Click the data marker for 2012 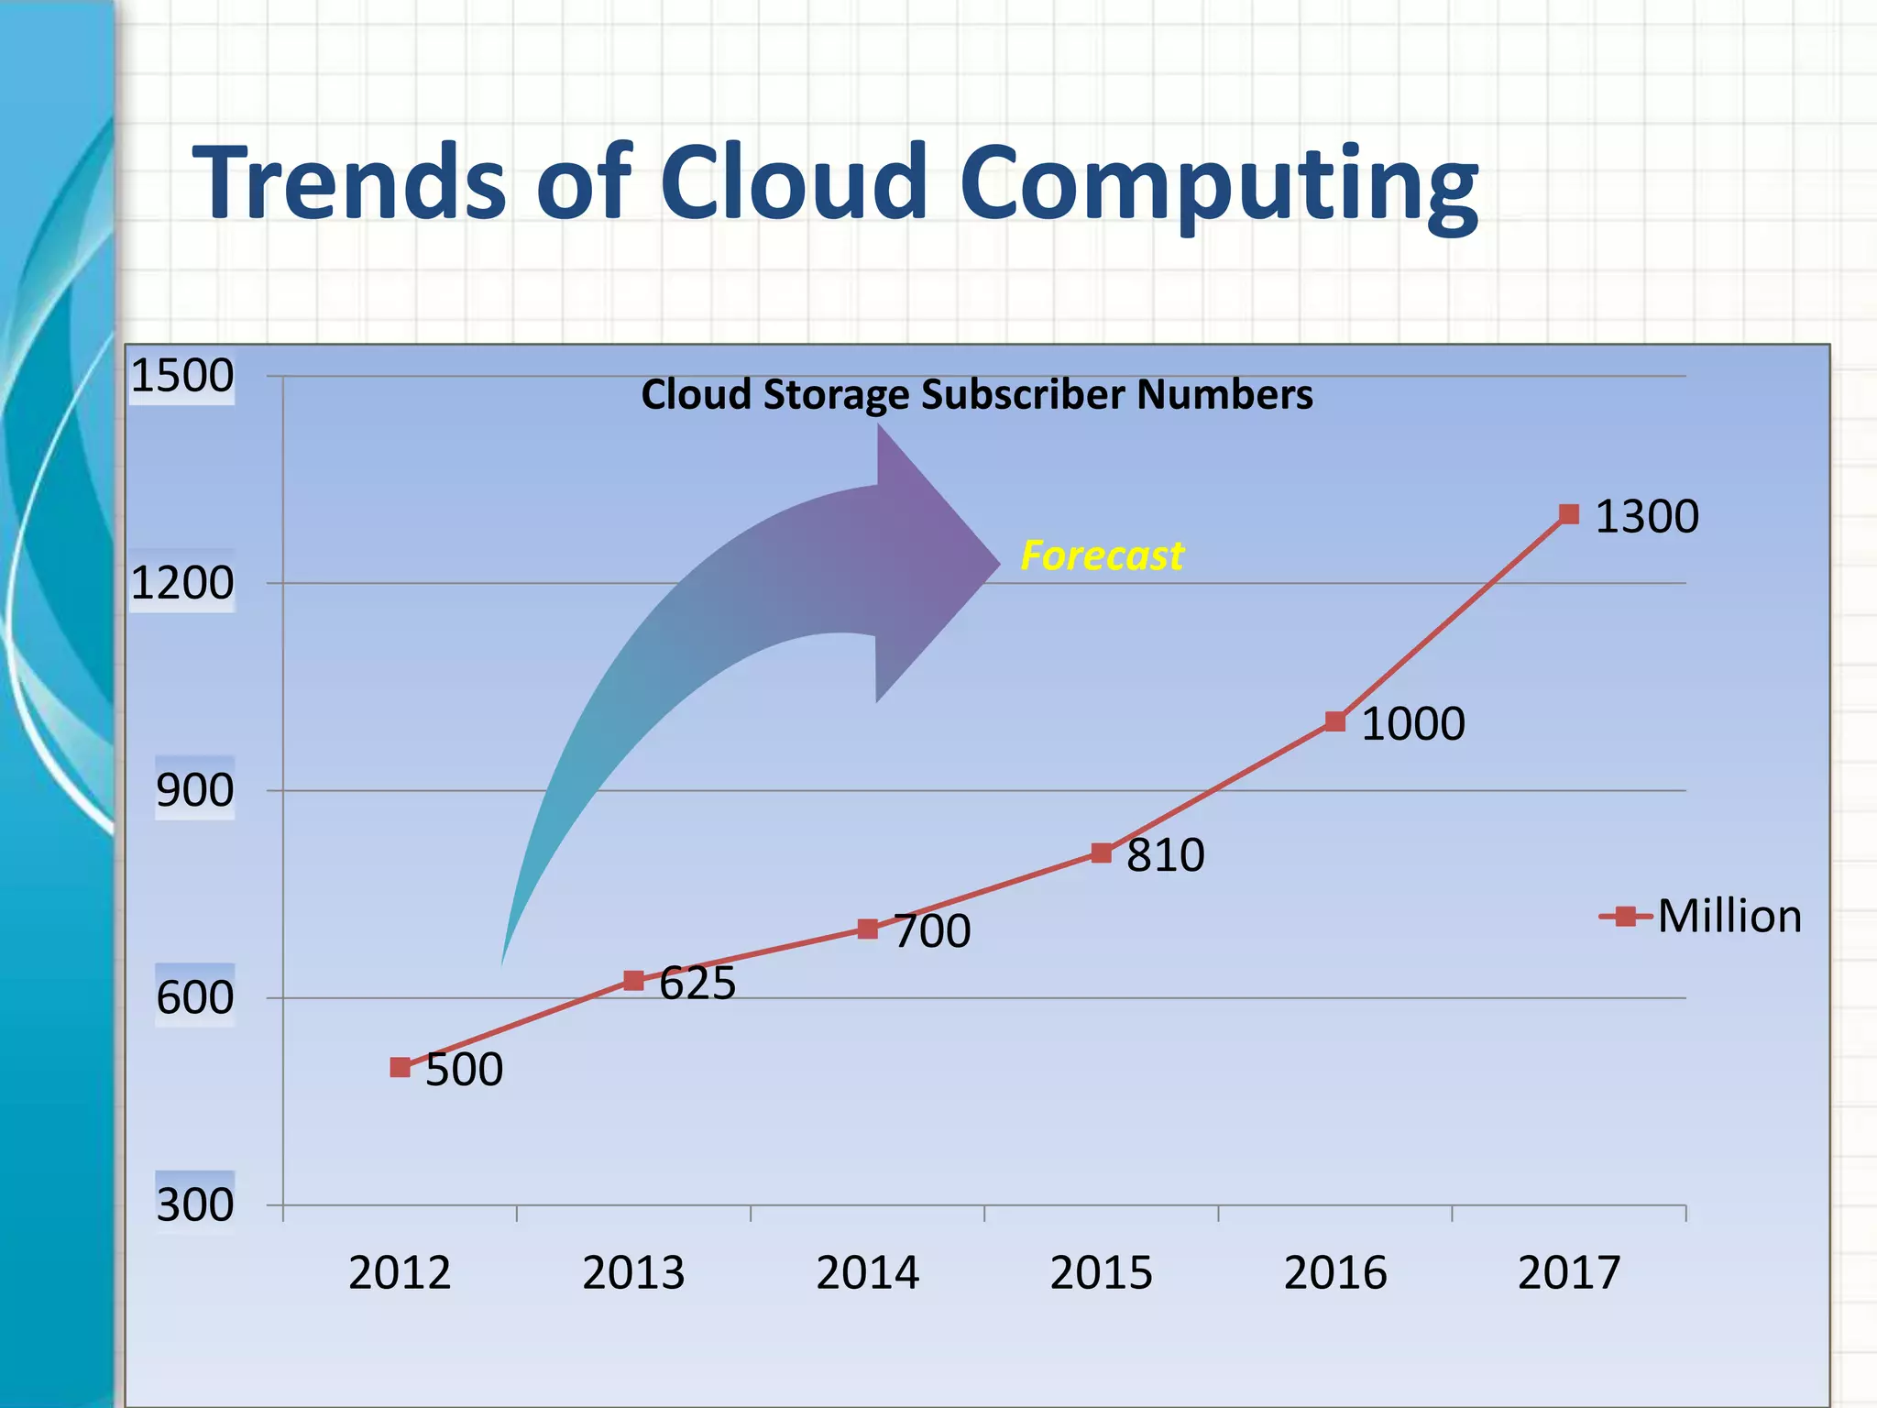point(400,1067)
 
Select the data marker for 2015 point(1102,853)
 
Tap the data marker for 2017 point(1569,514)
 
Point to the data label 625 point(697,984)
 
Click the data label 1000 point(1413,724)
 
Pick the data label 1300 point(1647,517)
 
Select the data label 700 point(932,931)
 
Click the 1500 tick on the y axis point(182,376)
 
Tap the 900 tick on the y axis point(195,790)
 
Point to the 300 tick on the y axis point(195,1204)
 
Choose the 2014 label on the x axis point(867,1273)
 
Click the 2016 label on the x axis point(1335,1273)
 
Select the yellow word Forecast point(1103,555)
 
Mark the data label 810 point(1165,855)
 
